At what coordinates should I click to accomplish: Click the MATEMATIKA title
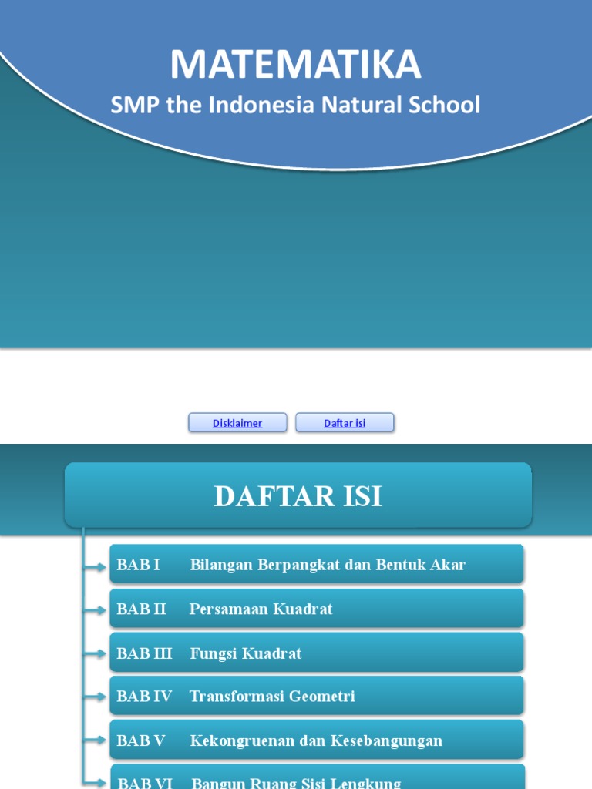(x=296, y=65)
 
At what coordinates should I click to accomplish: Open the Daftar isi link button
(x=345, y=423)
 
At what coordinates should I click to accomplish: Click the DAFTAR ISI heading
(x=298, y=497)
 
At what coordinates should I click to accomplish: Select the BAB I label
(x=138, y=565)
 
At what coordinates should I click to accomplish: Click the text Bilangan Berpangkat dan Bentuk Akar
(x=328, y=565)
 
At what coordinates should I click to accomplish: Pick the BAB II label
(x=141, y=609)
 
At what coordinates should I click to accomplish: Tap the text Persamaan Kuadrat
(x=261, y=609)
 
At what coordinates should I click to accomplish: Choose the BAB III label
(x=144, y=653)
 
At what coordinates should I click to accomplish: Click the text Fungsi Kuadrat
(x=245, y=653)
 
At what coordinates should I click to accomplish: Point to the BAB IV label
(x=144, y=697)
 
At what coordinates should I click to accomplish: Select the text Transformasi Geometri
(x=272, y=697)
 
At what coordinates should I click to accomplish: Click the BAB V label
(x=140, y=741)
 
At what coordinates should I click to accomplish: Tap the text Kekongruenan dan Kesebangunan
(x=316, y=741)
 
